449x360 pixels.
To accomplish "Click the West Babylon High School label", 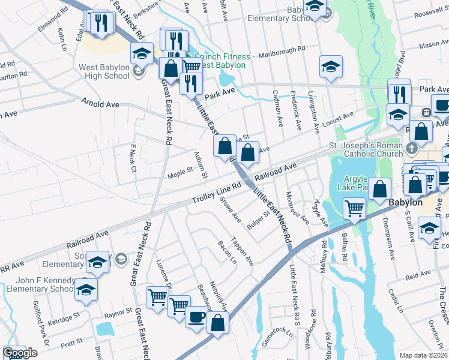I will (104, 71).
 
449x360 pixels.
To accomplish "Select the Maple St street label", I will (179, 171).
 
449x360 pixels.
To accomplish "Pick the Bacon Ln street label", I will (227, 256).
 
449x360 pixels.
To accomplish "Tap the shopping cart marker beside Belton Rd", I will (354, 209).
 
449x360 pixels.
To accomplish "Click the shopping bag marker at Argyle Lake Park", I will (379, 189).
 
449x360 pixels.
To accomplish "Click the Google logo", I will (20, 353).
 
